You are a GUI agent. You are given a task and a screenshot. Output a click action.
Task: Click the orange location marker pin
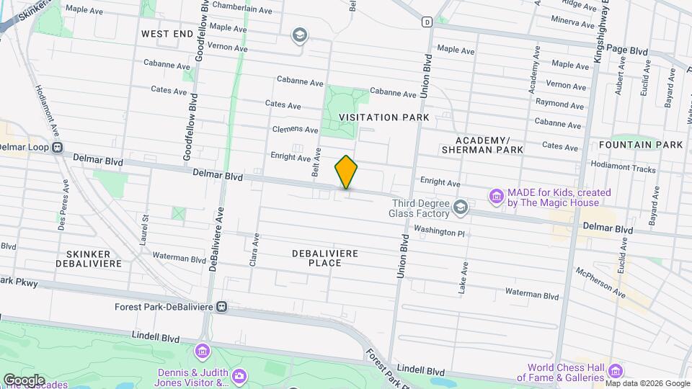coord(346,172)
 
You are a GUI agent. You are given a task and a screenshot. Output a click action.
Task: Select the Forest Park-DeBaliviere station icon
coord(222,307)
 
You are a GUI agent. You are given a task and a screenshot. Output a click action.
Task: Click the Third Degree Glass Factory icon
coord(460,208)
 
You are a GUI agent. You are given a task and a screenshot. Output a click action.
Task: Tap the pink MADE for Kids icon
coord(495,195)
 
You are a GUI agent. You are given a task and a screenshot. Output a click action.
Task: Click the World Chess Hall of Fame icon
coord(615,372)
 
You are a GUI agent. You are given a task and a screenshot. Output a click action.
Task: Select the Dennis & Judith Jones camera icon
coord(239,375)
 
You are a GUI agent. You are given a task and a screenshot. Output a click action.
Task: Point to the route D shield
coord(427,22)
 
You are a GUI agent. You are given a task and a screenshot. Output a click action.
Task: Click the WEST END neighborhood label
coord(167,34)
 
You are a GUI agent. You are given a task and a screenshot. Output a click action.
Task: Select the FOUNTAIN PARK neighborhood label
coord(640,145)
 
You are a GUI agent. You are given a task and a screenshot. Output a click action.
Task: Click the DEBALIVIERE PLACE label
coord(325,259)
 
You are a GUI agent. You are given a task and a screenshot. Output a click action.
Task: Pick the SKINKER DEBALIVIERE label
coord(88,259)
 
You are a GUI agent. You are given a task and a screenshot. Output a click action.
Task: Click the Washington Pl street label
coord(439,233)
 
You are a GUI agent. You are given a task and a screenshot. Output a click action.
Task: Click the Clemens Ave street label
coord(295,130)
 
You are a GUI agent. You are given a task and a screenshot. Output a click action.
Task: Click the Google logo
coord(24,380)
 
